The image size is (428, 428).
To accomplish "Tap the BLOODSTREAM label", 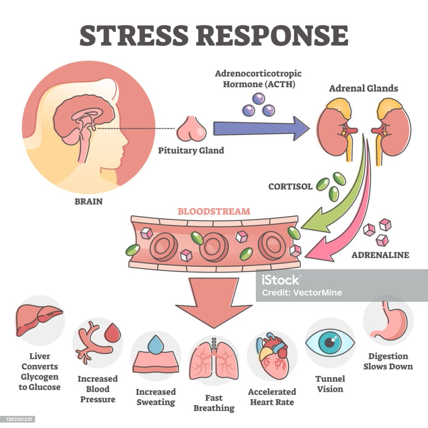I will [x=214, y=211].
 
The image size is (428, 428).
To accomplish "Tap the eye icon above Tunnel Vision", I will [x=330, y=342].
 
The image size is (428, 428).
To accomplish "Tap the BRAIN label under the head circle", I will [x=88, y=201].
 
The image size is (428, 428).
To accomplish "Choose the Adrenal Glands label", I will [x=363, y=89].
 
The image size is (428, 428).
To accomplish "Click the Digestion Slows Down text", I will [x=388, y=361].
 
